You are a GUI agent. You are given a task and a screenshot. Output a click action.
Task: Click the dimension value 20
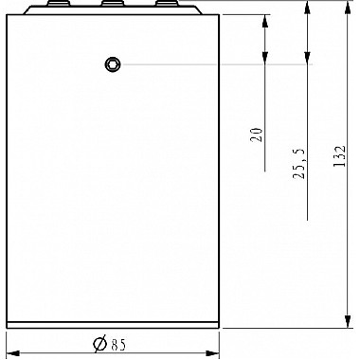tap(257, 135)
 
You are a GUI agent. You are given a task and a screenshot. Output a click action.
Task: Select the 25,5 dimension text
tap(299, 164)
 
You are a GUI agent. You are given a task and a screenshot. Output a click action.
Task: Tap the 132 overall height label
tap(340, 156)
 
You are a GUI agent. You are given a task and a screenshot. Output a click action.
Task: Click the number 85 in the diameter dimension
tap(118, 345)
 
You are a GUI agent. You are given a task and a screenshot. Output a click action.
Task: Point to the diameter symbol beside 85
tap(100, 344)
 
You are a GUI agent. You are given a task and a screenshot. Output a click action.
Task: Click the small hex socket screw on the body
tap(113, 64)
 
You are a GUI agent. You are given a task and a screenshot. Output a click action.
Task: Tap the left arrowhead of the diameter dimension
tap(13, 352)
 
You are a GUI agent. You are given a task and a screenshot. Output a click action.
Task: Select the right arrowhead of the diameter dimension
tap(212, 352)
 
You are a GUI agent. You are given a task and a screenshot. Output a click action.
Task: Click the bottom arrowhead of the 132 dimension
tap(348, 321)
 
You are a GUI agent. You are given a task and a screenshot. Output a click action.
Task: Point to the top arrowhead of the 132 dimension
tap(348, 7)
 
